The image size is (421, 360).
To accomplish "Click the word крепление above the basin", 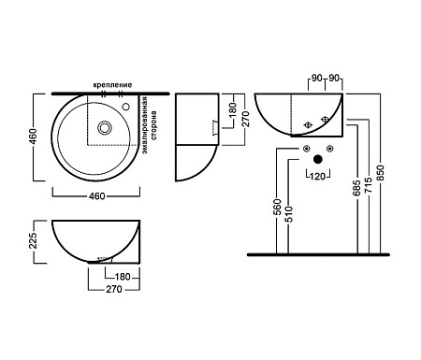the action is (x=112, y=85).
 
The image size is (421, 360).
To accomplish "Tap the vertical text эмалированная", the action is (x=144, y=125).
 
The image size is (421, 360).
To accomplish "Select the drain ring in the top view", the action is (x=104, y=127).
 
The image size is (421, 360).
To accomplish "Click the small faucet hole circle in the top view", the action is (x=125, y=107).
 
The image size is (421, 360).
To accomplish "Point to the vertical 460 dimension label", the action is (x=33, y=137).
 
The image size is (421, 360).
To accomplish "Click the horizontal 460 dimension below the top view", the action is (x=97, y=196).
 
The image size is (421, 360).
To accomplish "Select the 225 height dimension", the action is (x=33, y=240).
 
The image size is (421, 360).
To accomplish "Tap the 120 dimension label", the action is (x=318, y=177).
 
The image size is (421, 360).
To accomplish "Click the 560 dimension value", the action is (x=277, y=207).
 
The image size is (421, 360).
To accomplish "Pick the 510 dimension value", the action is (x=289, y=214).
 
